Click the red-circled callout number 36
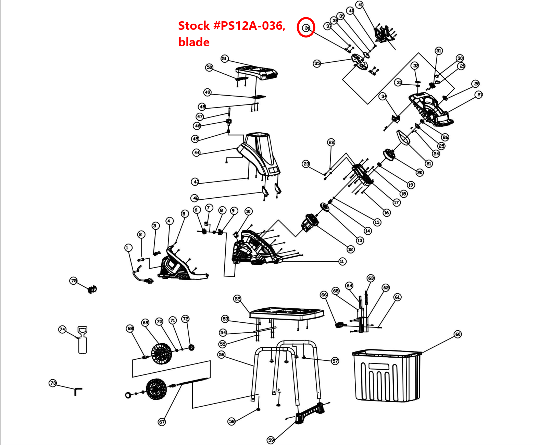tap(306, 27)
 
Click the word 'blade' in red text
tap(194, 42)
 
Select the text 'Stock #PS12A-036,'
tap(232, 26)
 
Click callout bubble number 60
tap(458, 334)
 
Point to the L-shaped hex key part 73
tap(78, 391)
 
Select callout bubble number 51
tap(224, 59)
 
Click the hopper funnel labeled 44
tap(260, 151)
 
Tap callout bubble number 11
tap(342, 261)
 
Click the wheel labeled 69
tap(161, 354)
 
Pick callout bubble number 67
tap(162, 422)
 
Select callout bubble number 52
tap(237, 299)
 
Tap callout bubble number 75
tap(74, 281)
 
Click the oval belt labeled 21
tap(403, 138)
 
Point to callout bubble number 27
tap(479, 95)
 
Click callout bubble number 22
tap(331, 142)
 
